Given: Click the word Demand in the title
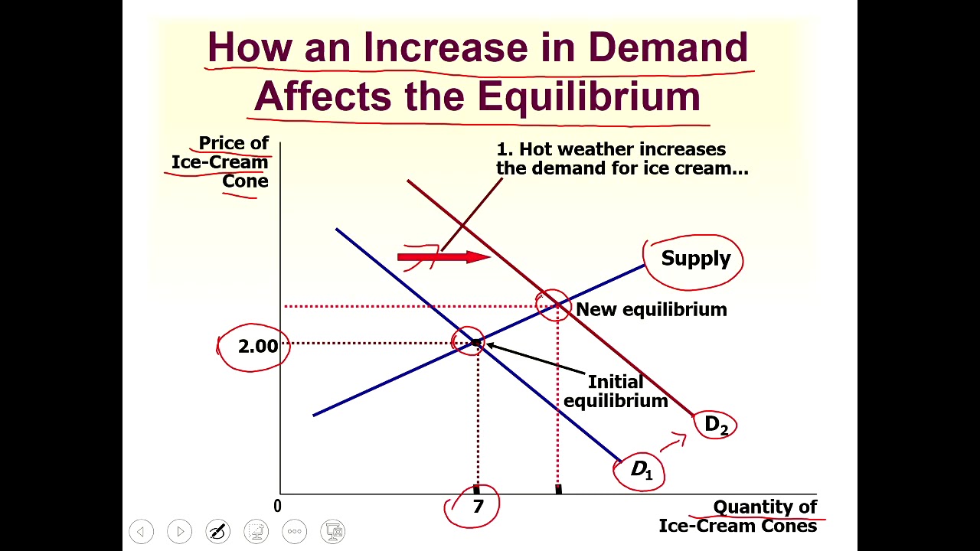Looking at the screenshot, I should [668, 47].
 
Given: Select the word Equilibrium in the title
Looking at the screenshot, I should [589, 97].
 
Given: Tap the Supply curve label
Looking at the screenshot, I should [695, 259].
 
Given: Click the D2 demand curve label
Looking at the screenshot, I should [716, 425].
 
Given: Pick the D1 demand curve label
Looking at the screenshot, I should [642, 469].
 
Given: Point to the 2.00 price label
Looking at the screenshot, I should [258, 347].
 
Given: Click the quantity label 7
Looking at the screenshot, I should [478, 507].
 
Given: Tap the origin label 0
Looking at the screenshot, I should [277, 506].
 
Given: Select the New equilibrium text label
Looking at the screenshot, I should [651, 309].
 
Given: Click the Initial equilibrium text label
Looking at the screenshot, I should [616, 391].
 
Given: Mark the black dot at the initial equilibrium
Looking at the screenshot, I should [475, 343].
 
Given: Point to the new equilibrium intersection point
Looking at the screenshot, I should [557, 306].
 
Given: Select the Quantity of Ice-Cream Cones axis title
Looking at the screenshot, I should [738, 517].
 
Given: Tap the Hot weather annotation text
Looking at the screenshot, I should [622, 159].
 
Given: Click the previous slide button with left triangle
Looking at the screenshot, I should [141, 531].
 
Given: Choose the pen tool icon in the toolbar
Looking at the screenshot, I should [217, 531].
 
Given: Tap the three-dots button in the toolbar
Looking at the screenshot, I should [295, 531].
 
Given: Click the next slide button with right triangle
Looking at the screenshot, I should [179, 531].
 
